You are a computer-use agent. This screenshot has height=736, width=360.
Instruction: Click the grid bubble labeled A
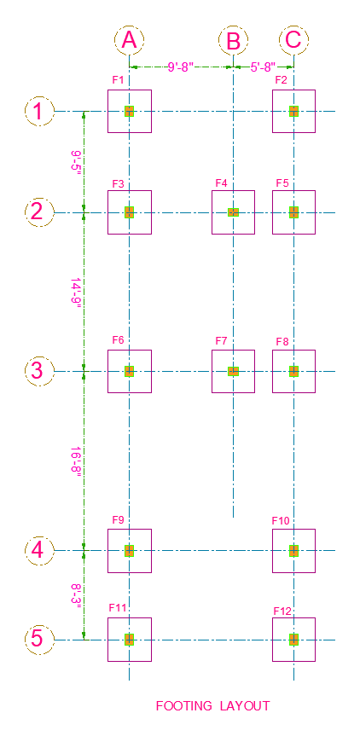[129, 40]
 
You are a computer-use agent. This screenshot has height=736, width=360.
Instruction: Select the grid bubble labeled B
[233, 40]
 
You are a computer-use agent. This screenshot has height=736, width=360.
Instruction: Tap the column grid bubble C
[293, 40]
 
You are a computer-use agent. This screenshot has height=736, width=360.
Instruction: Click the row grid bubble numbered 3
[39, 371]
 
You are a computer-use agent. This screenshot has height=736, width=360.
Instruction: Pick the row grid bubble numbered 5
[39, 640]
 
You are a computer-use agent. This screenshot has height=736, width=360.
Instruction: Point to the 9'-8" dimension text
[178, 67]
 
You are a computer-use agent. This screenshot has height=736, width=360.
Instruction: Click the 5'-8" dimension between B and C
[263, 67]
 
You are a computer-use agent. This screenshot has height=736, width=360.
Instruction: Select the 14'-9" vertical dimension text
[76, 293]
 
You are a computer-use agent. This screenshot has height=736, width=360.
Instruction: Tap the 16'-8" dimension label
[76, 461]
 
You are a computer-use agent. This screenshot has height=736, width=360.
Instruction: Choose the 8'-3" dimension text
[76, 595]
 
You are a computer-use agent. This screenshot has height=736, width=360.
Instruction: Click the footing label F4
[221, 183]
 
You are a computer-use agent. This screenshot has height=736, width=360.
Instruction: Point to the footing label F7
[221, 341]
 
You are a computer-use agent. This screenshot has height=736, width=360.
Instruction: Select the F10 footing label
[281, 521]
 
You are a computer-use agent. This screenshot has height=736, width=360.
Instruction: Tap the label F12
[282, 611]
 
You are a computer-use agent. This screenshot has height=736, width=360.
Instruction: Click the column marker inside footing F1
[129, 111]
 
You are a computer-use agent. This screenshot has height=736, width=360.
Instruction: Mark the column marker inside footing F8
[293, 371]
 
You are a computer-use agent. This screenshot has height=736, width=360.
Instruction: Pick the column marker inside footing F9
[129, 551]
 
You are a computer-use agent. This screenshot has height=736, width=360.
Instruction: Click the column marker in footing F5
[293, 212]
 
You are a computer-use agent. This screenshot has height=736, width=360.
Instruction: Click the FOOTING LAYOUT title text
[212, 706]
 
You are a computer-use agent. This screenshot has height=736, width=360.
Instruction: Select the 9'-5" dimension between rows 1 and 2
[76, 162]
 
